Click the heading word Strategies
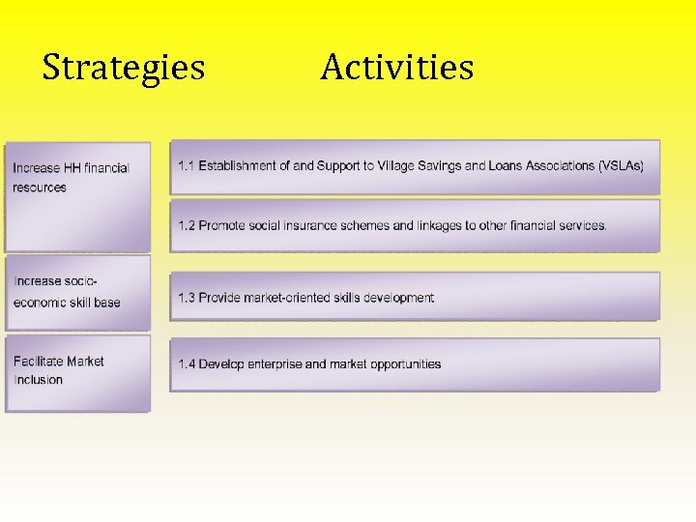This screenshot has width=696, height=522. [x=124, y=69]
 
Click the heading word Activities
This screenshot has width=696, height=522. [x=396, y=69]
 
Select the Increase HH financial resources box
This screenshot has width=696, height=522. [x=78, y=196]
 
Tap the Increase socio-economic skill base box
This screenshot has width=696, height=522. [x=78, y=292]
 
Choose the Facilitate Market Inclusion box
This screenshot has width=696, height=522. [x=78, y=372]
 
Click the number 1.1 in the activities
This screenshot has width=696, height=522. [x=186, y=166]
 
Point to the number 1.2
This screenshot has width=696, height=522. [x=186, y=226]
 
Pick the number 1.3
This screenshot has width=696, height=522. [x=186, y=298]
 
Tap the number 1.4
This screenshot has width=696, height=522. [x=186, y=364]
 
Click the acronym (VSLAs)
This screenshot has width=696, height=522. [x=621, y=166]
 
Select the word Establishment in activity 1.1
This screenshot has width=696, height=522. [x=237, y=166]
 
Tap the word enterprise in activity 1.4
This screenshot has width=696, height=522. [x=278, y=364]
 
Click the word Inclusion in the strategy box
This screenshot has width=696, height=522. [x=38, y=380]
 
